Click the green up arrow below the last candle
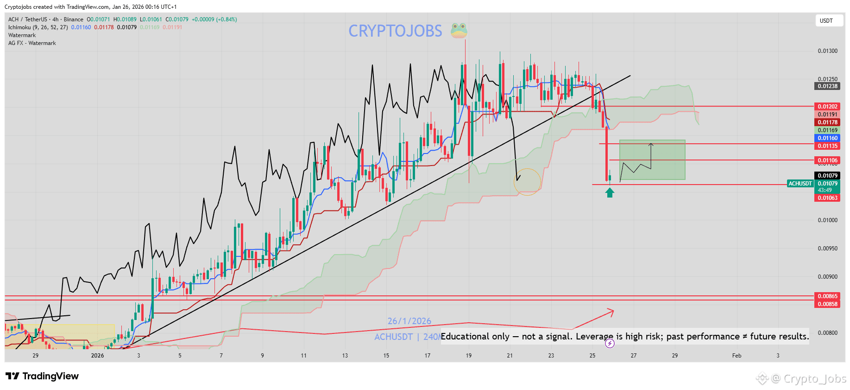(x=610, y=192)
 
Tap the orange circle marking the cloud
(x=527, y=181)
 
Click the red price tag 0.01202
(x=827, y=107)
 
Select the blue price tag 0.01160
(x=827, y=138)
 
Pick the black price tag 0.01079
(x=827, y=176)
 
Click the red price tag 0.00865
(x=827, y=296)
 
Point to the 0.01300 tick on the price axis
(x=827, y=51)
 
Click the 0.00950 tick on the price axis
(x=827, y=249)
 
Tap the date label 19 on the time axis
(x=469, y=356)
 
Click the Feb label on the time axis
(x=737, y=356)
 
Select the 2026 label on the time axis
(x=97, y=356)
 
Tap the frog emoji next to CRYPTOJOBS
(x=459, y=31)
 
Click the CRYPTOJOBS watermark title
(x=395, y=31)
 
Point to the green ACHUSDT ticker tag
(x=800, y=184)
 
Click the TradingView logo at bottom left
(x=42, y=376)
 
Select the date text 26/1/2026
(x=409, y=321)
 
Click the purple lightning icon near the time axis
(x=610, y=344)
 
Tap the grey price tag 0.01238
(x=827, y=86)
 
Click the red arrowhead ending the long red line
(x=612, y=312)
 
